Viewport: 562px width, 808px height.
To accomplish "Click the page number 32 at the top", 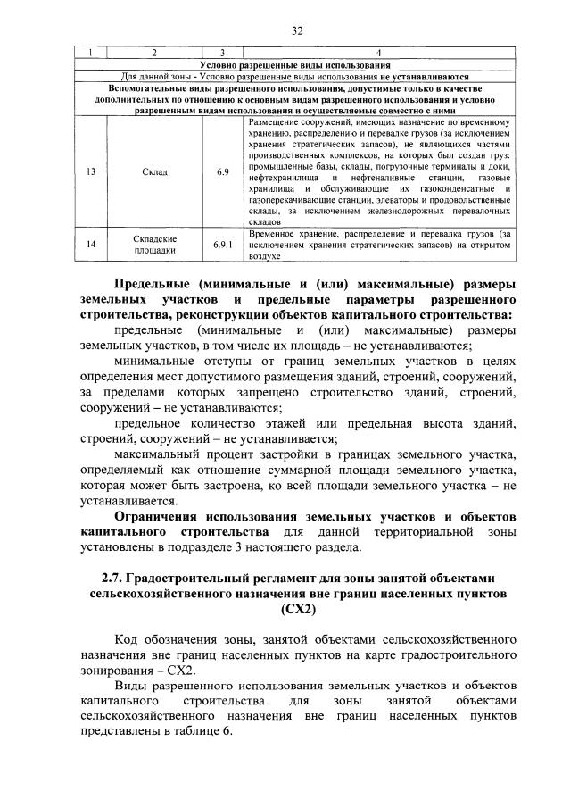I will [298, 31].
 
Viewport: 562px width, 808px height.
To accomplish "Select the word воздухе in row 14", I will [265, 255].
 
